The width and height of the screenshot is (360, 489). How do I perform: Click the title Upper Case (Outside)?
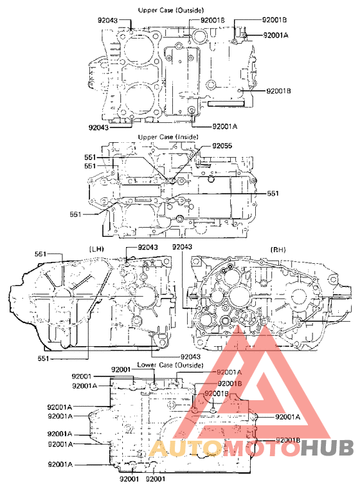coord(169,10)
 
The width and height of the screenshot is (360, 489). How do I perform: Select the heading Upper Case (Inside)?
coord(168,137)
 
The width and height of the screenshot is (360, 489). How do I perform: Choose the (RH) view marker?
coord(278,249)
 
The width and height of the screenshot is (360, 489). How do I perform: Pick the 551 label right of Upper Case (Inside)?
coord(273,193)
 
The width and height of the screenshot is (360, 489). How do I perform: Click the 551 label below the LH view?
coord(43,357)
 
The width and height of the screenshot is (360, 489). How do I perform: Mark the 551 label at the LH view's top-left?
coord(40,255)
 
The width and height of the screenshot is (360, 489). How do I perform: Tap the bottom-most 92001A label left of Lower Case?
coord(59,464)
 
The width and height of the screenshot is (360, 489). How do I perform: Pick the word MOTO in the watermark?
coord(246,448)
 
